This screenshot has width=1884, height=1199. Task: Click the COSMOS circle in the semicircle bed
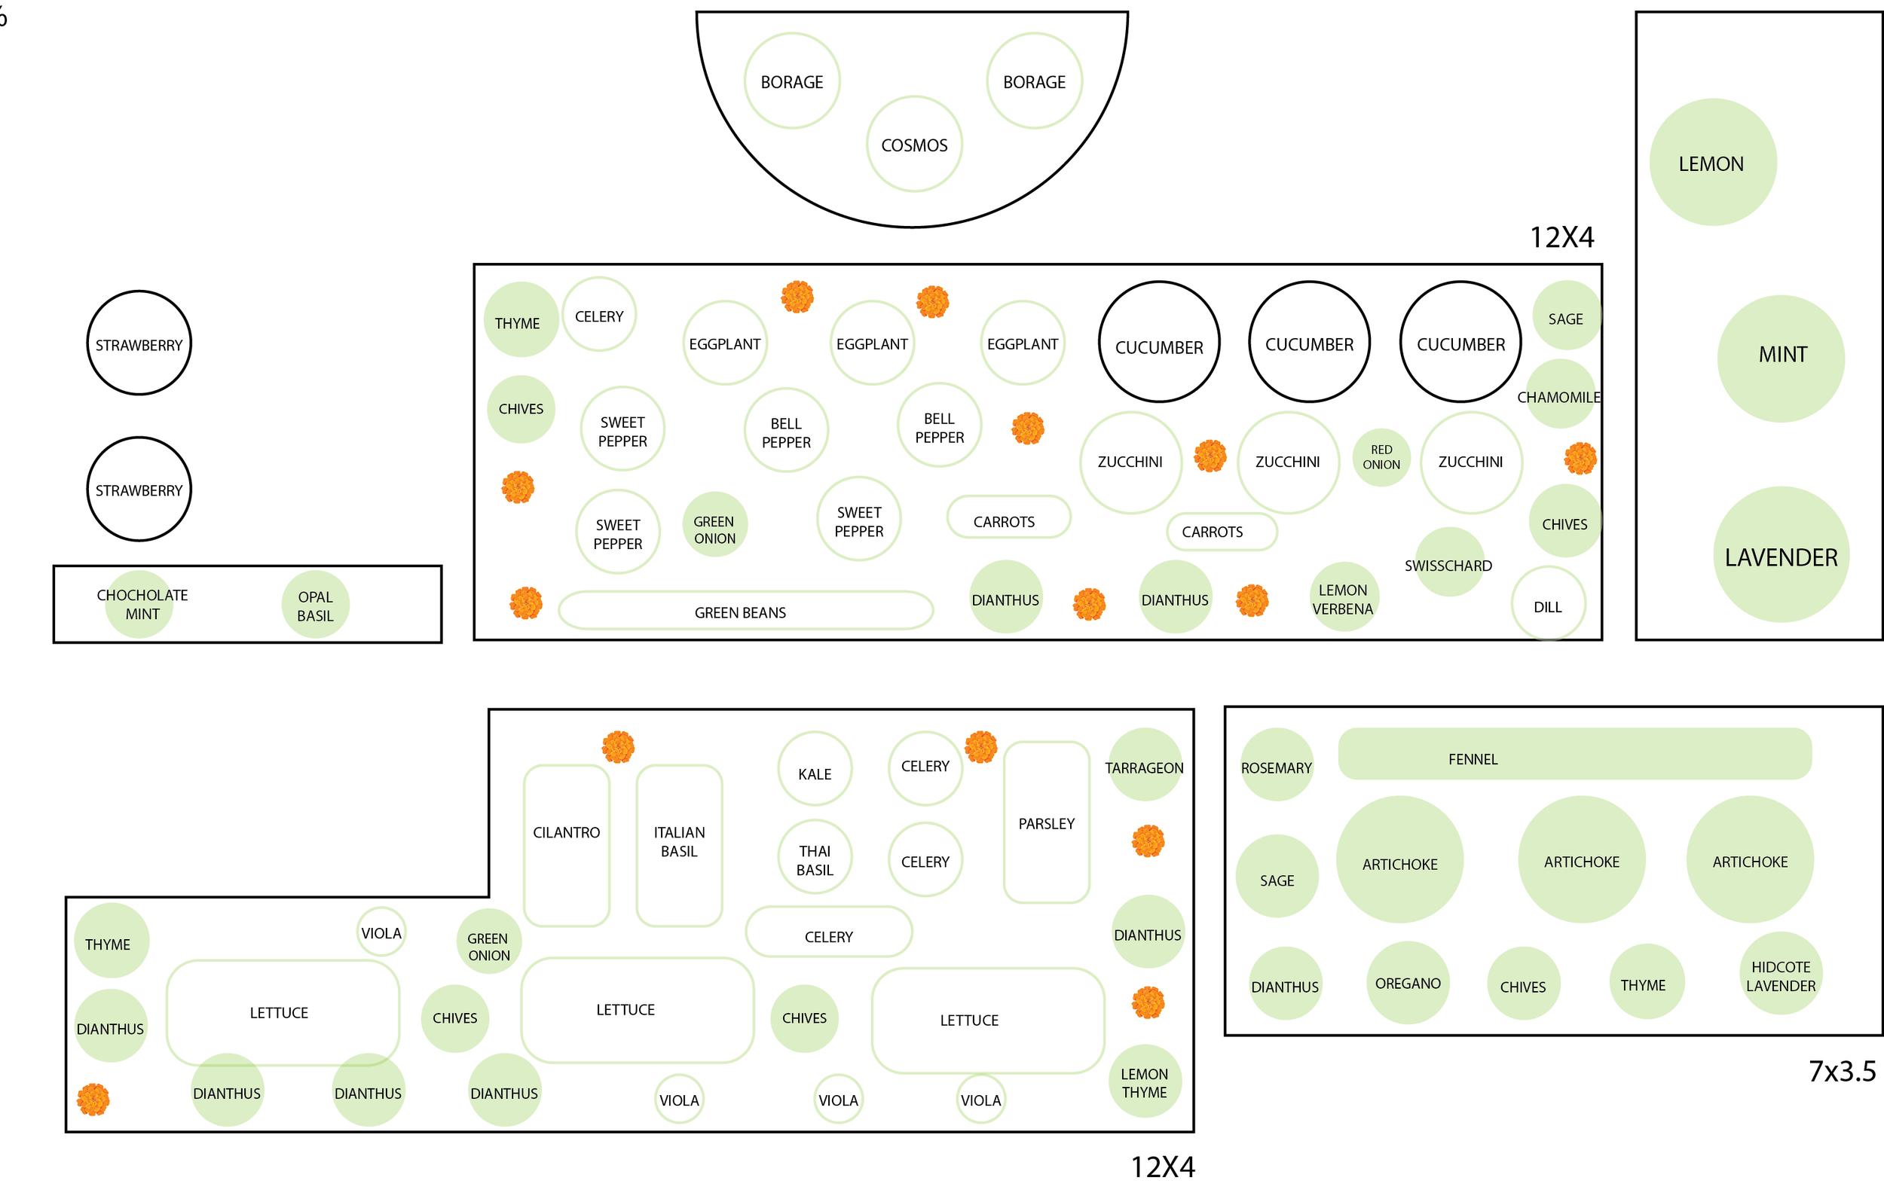coord(914,145)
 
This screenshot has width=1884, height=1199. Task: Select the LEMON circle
coord(1713,163)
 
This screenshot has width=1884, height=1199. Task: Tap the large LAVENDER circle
coord(1781,554)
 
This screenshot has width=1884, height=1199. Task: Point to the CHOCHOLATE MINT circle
coord(140,605)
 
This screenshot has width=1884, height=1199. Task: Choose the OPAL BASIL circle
coord(315,605)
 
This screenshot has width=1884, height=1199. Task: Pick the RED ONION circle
coord(1381,458)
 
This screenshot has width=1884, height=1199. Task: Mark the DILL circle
coord(1549,605)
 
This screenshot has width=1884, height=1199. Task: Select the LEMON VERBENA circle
coord(1343,598)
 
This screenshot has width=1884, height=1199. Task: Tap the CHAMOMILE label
coord(1559,397)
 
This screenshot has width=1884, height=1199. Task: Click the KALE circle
coord(815,770)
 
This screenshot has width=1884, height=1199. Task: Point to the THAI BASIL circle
coord(815,857)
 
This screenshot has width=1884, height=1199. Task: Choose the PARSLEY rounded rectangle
coord(1046,822)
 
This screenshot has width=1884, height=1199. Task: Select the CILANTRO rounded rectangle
coord(567,847)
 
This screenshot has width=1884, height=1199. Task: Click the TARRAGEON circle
coord(1145,766)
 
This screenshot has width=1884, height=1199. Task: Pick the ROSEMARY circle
coord(1277,766)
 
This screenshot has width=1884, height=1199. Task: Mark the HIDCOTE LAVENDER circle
coord(1781,974)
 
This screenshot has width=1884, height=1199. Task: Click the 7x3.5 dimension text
coord(1842,1071)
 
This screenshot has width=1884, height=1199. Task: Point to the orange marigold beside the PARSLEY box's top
coord(980,747)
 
